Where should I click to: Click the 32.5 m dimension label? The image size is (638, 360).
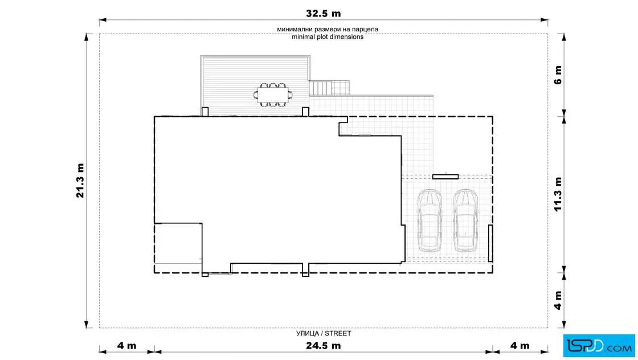(x=323, y=14)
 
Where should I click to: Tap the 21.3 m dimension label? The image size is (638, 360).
(x=80, y=181)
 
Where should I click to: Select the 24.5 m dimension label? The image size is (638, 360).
(x=323, y=346)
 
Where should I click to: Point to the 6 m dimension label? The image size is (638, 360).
(x=558, y=75)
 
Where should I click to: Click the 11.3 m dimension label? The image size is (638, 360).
(x=558, y=194)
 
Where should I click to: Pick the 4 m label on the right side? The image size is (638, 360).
(x=558, y=300)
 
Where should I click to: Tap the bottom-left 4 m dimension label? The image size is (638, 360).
(x=127, y=346)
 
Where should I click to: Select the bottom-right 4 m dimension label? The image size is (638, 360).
(x=520, y=346)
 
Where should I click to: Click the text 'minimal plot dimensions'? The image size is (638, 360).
(x=328, y=36)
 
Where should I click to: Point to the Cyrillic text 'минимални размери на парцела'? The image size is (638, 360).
(x=328, y=29)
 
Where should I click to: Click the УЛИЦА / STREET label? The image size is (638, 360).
(x=324, y=334)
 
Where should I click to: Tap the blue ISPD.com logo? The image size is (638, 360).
(x=599, y=346)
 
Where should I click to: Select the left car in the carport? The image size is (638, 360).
(x=430, y=220)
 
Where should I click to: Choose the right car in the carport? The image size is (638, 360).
(x=465, y=220)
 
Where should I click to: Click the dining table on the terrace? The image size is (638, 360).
(x=273, y=95)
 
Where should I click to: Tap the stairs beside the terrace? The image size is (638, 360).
(x=320, y=88)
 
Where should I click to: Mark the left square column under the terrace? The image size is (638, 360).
(x=205, y=112)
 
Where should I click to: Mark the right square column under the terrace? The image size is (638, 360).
(x=305, y=112)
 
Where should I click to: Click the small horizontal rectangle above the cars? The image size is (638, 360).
(x=445, y=177)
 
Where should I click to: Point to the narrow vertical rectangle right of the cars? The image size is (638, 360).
(x=490, y=243)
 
